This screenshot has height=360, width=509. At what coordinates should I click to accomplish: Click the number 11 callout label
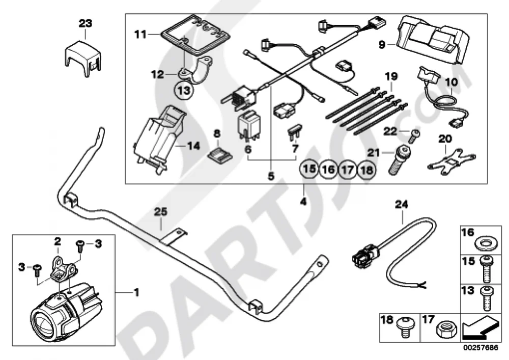140,34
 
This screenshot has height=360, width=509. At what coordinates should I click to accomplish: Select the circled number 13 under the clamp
184,90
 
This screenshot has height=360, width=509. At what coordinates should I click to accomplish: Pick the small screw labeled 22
414,134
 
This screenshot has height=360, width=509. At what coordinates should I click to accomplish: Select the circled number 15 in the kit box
309,169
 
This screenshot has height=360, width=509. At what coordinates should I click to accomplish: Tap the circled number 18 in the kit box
367,170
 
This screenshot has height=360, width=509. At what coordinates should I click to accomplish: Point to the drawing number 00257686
480,347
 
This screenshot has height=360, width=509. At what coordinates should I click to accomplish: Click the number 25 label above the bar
160,212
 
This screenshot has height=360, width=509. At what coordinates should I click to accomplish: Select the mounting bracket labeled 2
63,267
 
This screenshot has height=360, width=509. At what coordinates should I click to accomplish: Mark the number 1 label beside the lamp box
136,292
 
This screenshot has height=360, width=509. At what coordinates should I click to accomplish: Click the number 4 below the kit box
303,202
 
